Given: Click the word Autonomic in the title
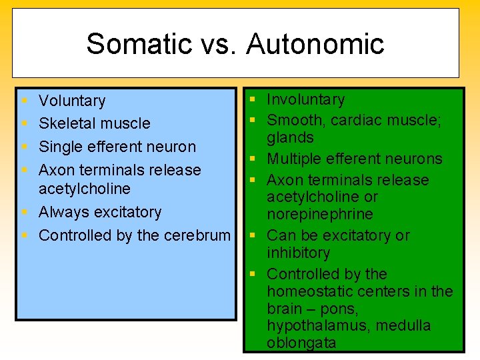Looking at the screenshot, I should (315, 44).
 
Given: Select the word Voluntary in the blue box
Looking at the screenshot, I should (72, 101).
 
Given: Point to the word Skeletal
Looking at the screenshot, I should (65, 123).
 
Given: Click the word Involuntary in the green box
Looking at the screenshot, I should (306, 99).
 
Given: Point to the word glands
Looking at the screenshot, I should (290, 137).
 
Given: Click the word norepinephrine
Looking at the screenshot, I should (320, 214).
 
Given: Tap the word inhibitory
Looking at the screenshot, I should (299, 253).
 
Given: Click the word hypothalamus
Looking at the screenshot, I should (311, 326).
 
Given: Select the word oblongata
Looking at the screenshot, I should (301, 343).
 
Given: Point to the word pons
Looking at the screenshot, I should (341, 309).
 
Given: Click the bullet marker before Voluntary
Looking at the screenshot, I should (24, 101).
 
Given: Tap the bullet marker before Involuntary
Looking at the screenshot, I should (253, 100).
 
